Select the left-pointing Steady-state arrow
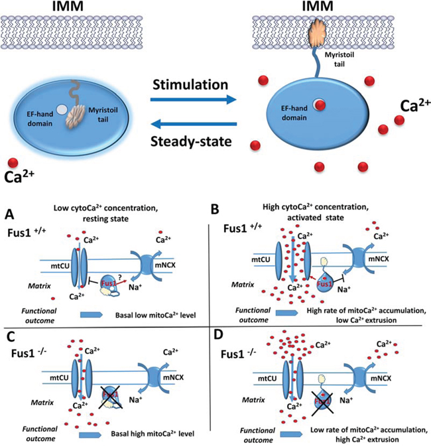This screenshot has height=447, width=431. (192, 124)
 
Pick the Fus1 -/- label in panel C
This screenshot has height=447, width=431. (25, 353)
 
